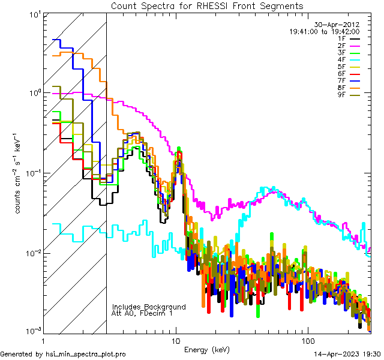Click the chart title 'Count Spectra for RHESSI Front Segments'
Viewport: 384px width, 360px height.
pos(206,5)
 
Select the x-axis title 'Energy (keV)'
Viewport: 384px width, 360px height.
pos(206,349)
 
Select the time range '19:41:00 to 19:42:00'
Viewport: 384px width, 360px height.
pos(325,31)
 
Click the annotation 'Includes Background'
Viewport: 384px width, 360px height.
pos(149,307)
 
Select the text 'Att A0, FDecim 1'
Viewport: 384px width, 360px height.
pos(142,313)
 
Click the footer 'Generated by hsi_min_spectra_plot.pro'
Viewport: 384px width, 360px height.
pos(63,354)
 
